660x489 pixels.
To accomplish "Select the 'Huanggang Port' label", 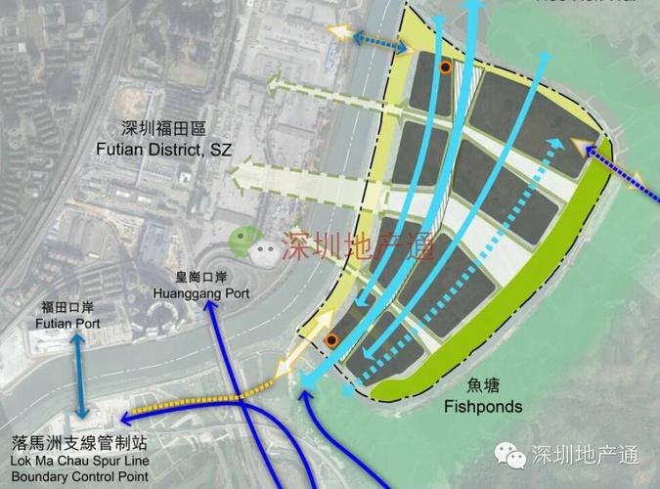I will pos(201,292).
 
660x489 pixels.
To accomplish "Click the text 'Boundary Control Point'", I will pos(76,476).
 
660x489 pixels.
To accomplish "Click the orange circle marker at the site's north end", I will pos(445,67).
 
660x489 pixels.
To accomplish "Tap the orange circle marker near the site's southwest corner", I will pos(332,340).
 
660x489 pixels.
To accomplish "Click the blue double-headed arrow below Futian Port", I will pos(76,377).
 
